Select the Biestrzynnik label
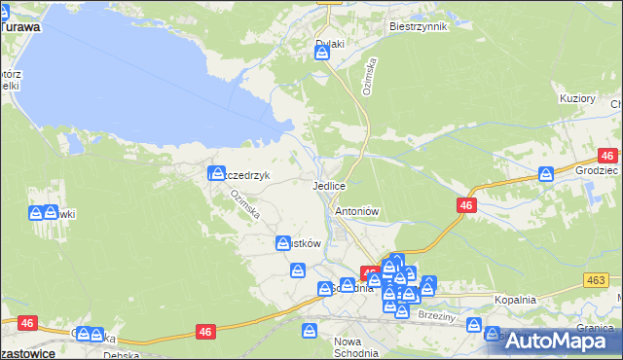[417, 26]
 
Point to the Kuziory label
[577, 99]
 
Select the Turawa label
[19, 28]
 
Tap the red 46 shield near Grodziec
[607, 156]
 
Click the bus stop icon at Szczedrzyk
[217, 174]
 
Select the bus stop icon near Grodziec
[547, 173]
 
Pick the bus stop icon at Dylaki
[323, 53]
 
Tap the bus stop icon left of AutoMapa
[493, 335]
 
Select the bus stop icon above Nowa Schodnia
[309, 331]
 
